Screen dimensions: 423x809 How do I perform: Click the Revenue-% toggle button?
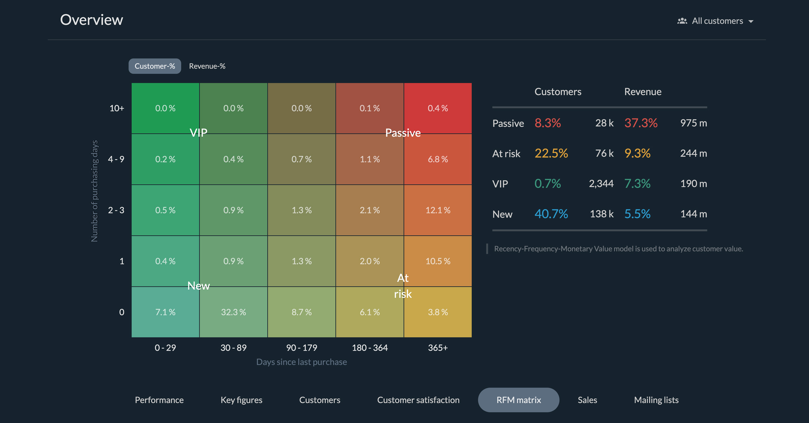coord(207,66)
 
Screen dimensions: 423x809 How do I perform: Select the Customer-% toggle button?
coord(155,66)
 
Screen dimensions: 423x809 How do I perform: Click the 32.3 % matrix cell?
coord(233,312)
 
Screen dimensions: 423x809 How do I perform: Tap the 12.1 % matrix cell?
coord(438,210)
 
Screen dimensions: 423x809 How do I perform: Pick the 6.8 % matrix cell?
coord(438,159)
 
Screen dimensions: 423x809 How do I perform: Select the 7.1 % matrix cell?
coord(165,312)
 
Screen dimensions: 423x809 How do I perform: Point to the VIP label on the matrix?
coord(199,133)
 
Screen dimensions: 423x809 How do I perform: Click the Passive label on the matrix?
coord(403,133)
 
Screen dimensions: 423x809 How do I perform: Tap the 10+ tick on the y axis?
coord(117,108)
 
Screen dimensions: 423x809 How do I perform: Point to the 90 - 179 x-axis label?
coord(301,347)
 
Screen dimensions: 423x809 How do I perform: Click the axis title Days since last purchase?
coord(301,362)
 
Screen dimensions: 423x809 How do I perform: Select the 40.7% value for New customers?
coord(551,214)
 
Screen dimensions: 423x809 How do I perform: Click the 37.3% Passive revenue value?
coord(641,123)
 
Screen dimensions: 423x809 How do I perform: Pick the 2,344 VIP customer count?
coord(601,184)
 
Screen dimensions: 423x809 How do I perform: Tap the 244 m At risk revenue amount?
coord(693,153)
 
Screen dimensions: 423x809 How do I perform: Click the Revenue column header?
coord(642,92)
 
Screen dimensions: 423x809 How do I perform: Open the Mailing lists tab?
coord(656,400)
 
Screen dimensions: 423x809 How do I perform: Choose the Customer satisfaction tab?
coord(418,400)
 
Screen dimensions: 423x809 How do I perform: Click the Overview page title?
coord(91,20)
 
